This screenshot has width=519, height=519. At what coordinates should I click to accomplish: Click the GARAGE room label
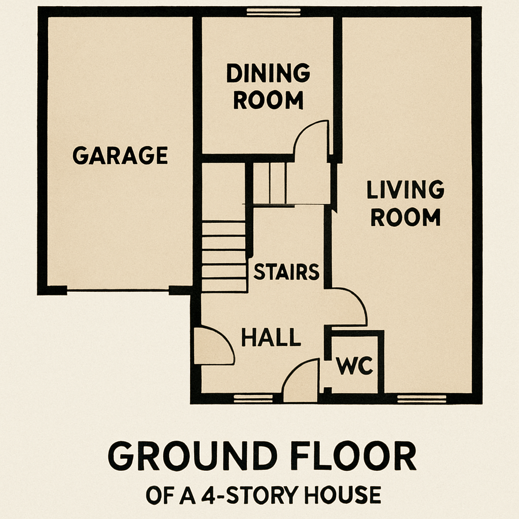click(x=120, y=155)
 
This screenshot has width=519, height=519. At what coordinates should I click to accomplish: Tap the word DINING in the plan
click(x=268, y=74)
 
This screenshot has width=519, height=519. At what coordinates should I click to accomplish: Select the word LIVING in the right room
click(x=405, y=190)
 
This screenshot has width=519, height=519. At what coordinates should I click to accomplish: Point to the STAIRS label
click(x=286, y=272)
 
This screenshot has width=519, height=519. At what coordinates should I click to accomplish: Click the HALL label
click(x=271, y=338)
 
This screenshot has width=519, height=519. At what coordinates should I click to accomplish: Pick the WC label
click(x=355, y=366)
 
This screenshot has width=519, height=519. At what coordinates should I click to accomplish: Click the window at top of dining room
click(x=273, y=12)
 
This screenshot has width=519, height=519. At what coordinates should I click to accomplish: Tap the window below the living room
click(x=421, y=399)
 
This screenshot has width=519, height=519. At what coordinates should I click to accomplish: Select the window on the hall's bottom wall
click(x=246, y=399)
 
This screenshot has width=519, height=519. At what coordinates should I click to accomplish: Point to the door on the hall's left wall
click(x=213, y=346)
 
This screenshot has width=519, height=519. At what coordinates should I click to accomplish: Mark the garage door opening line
click(x=118, y=290)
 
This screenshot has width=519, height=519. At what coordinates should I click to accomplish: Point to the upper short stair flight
click(x=270, y=183)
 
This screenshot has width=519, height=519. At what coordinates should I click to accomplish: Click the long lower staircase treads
click(x=224, y=256)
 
